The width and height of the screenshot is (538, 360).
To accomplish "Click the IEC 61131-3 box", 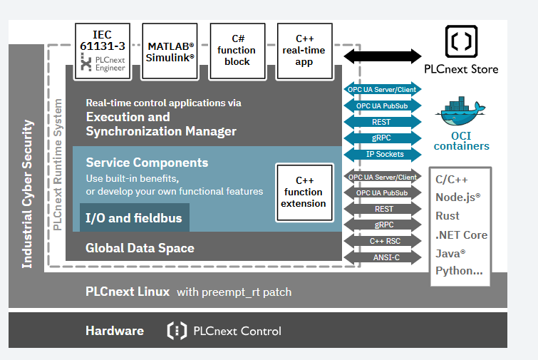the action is (103, 51).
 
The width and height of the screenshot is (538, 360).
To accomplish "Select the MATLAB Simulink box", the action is (170, 51).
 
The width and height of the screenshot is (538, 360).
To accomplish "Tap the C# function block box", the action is (237, 51).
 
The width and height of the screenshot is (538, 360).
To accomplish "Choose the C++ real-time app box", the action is (305, 51).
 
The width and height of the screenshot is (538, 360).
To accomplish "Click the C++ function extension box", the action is (305, 192).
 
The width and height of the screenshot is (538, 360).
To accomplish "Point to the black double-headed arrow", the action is (383, 56).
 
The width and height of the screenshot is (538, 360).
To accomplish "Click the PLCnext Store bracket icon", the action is (461, 41).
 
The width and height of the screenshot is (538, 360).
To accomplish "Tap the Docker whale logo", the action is (460, 111).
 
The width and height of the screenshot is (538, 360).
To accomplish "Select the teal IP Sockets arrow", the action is (383, 155).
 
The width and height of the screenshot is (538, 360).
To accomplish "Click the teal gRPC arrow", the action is (383, 138).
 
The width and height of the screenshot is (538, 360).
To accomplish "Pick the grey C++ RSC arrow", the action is (383, 241).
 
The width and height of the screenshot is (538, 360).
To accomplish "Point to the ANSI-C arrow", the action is (383, 257).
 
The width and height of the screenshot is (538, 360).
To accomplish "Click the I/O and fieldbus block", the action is (135, 217).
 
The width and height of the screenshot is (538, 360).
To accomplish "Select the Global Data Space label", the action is (140, 248).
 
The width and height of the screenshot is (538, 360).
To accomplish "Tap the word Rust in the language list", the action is (448, 216).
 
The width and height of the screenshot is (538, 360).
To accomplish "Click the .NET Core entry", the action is (462, 235).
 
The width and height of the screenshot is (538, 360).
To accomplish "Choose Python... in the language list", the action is (459, 271).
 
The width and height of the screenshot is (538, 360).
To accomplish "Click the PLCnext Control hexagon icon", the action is (177, 331).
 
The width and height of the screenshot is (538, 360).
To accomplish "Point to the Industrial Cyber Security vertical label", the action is (28, 194).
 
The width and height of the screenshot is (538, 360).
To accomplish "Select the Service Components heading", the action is (148, 163).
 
